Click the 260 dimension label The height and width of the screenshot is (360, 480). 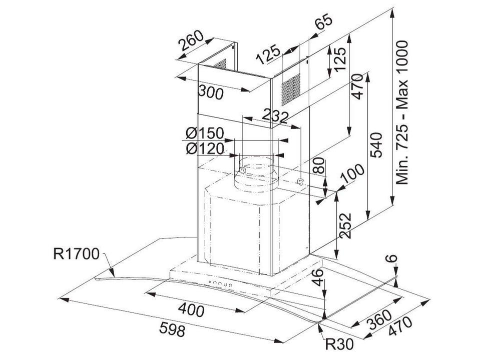click(x=191, y=40)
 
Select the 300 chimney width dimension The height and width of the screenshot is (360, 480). click(x=211, y=92)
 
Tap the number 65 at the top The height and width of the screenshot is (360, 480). click(x=323, y=21)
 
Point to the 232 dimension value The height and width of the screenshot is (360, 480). click(x=275, y=115)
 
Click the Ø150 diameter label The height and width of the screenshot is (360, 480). click(x=205, y=133)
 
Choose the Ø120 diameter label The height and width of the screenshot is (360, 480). click(x=205, y=149)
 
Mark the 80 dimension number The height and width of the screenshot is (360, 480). click(x=319, y=166)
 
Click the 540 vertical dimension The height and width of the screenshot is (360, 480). click(x=376, y=144)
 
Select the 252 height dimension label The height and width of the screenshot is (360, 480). click(x=345, y=225)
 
